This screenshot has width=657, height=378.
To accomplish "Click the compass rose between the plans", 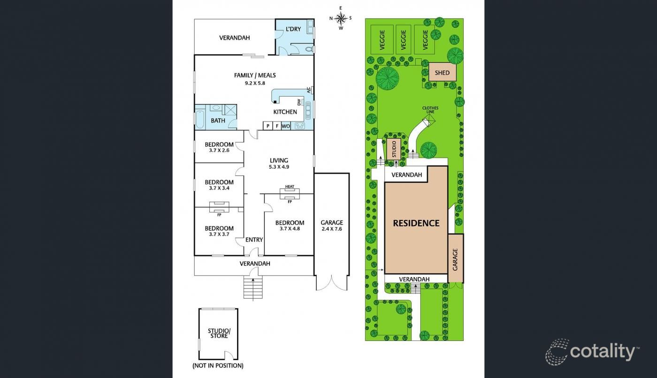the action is (341, 18).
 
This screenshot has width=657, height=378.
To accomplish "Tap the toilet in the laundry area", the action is (309, 49).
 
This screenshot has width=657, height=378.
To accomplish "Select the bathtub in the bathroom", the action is (199, 119).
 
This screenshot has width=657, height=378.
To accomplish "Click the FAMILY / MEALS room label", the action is (255, 76).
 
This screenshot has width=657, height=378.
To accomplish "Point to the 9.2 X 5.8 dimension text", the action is (255, 83).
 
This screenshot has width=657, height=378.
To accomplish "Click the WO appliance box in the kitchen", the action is (286, 126).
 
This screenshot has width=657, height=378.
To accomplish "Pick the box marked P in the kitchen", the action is (267, 126).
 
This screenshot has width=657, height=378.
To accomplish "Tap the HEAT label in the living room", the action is (290, 186).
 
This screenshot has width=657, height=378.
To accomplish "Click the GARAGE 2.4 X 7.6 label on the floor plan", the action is (332, 226).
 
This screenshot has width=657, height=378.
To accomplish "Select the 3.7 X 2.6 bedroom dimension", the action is (219, 151).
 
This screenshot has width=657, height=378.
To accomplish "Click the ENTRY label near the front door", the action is (254, 240).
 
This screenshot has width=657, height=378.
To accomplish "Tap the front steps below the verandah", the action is (253, 288).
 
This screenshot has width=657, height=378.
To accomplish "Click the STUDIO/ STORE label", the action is (219, 333).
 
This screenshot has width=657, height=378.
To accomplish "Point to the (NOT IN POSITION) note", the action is (218, 366).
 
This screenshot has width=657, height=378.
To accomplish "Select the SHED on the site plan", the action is (442, 72).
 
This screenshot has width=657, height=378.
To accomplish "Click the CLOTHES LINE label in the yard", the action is (430, 110).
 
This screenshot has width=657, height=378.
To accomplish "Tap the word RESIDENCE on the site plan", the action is (416, 223).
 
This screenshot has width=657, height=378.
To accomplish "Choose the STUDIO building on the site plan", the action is (394, 149).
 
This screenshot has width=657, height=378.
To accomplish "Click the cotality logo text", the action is (603, 352).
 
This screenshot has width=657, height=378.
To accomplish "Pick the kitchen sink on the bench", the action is (308, 110).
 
